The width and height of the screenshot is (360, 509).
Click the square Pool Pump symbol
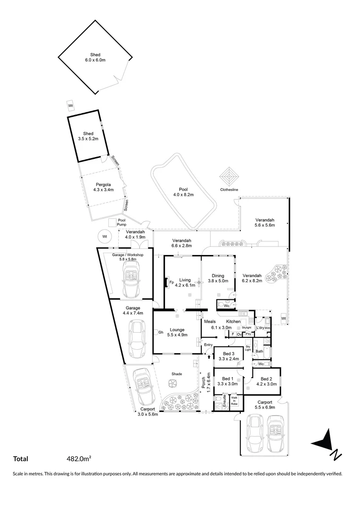pos(113,222)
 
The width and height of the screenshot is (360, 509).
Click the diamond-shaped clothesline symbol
pos(229,178)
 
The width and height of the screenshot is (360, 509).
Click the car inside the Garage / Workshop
pos(129,276)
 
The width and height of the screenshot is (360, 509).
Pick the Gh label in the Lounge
pos(161,332)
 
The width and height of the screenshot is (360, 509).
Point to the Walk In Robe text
pos(234,401)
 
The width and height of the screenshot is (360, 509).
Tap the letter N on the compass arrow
pos(336,455)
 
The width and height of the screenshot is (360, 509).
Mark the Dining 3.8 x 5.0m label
pos(218,278)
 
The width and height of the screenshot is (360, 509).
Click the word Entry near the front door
pos(208,345)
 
